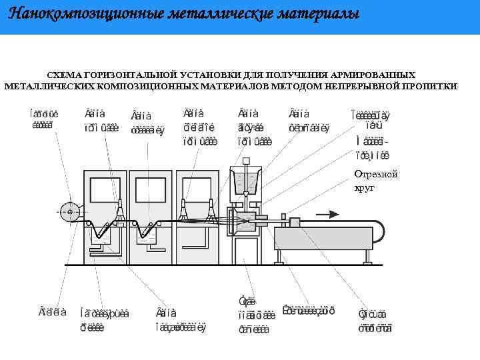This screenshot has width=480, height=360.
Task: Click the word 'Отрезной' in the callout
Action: [x=376, y=174]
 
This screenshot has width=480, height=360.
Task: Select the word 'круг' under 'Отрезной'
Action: [x=365, y=187]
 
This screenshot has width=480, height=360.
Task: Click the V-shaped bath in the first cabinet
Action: [x=104, y=229]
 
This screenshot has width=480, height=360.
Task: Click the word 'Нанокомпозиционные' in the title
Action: [x=71, y=14]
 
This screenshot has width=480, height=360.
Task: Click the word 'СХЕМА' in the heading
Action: [x=65, y=75]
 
